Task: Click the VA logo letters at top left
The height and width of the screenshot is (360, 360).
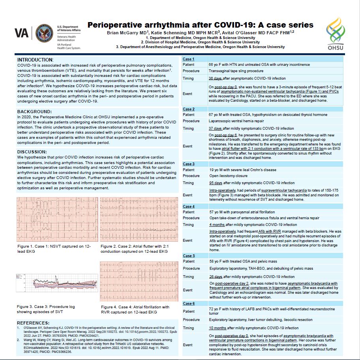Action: pyautogui.click(x=22, y=33)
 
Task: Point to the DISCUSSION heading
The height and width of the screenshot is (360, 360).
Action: pyautogui.click(x=33, y=152)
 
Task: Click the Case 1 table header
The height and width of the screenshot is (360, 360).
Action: pyautogui.click(x=188, y=59)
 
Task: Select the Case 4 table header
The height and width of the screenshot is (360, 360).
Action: pyautogui.click(x=188, y=206)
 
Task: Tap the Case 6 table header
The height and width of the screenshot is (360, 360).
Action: pyautogui.click(x=188, y=303)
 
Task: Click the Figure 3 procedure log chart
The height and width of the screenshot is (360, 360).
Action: pyautogui.click(x=54, y=284)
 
